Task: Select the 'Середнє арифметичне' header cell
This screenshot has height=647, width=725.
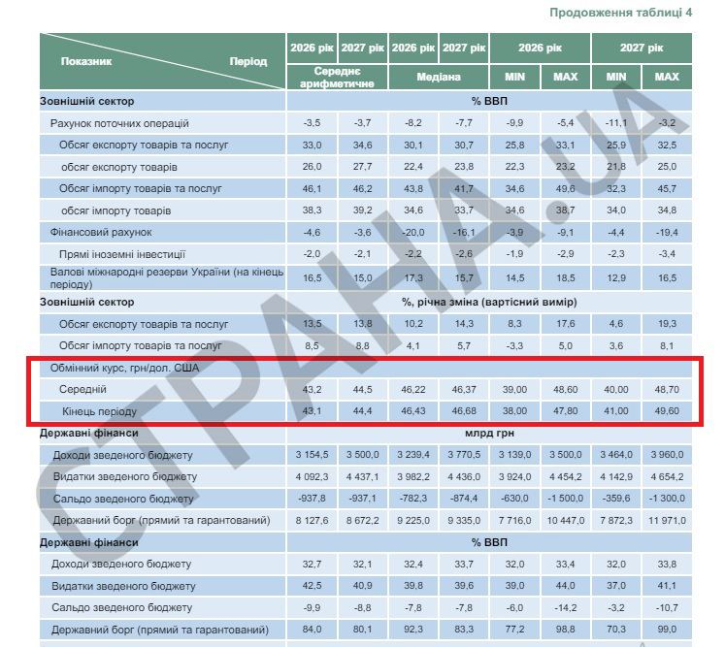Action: pos(338,78)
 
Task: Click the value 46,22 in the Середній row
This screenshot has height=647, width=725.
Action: pos(413,388)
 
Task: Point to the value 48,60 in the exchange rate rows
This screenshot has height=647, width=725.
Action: pos(565,388)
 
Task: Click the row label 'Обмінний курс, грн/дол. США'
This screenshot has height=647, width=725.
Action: pos(119,368)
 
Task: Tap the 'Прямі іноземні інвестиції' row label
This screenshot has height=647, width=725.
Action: pos(122,253)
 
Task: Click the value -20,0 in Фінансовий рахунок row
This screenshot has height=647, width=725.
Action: pos(413,233)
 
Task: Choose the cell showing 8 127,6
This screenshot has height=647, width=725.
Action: pos(311,521)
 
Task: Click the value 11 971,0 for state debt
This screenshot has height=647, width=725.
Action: pos(667,521)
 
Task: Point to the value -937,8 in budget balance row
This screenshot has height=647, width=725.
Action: pos(311,499)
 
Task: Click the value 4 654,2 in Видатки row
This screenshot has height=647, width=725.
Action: pos(667,476)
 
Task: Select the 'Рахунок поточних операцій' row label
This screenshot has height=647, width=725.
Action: pos(119,123)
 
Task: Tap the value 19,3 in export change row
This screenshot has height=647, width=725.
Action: pos(667,324)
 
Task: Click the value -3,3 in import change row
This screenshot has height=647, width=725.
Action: pos(514,345)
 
